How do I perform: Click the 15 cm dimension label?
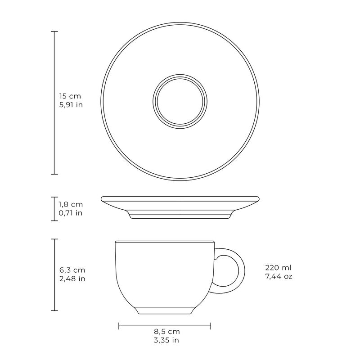70,96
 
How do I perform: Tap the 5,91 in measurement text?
71,105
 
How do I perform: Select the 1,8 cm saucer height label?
71,204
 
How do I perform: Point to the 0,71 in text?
71,213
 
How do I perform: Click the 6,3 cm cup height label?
72,270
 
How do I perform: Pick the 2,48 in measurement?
72,279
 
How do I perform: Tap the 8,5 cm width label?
166,332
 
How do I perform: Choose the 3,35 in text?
166,340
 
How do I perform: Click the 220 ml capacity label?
278,267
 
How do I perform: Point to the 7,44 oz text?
279,276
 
